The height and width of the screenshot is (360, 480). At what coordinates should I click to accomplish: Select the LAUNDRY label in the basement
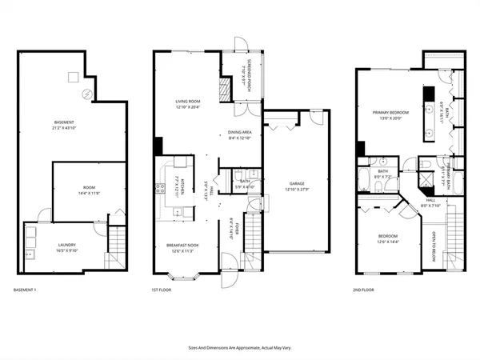tap(67, 248)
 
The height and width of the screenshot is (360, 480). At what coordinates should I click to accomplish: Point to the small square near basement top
tap(71, 77)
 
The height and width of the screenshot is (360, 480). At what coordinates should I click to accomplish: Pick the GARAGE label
tap(297, 185)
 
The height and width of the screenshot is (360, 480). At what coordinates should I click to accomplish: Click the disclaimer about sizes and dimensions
tap(239, 347)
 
